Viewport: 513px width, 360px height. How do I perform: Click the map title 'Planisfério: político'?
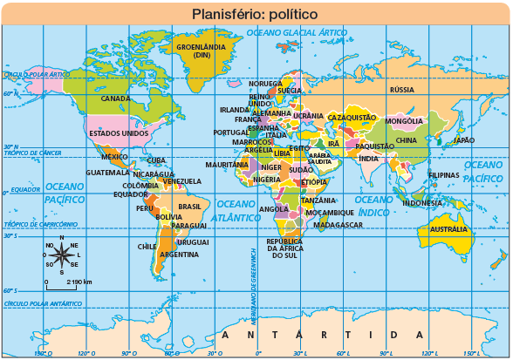point(255,14)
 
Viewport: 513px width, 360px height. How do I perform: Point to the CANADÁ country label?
point(116,98)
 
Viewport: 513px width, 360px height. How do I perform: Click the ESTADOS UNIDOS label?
point(119,133)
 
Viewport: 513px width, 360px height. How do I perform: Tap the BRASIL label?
point(189,207)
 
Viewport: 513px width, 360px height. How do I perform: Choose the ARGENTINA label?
point(179,255)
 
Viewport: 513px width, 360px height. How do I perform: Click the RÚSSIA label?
point(401,90)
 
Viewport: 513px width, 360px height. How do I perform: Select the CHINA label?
point(407,140)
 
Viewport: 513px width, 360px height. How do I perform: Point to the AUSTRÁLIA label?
point(449,229)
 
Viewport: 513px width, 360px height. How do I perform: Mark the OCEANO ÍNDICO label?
point(373,205)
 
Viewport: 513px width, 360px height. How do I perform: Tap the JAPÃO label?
point(463,140)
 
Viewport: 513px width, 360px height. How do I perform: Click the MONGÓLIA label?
point(404,120)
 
